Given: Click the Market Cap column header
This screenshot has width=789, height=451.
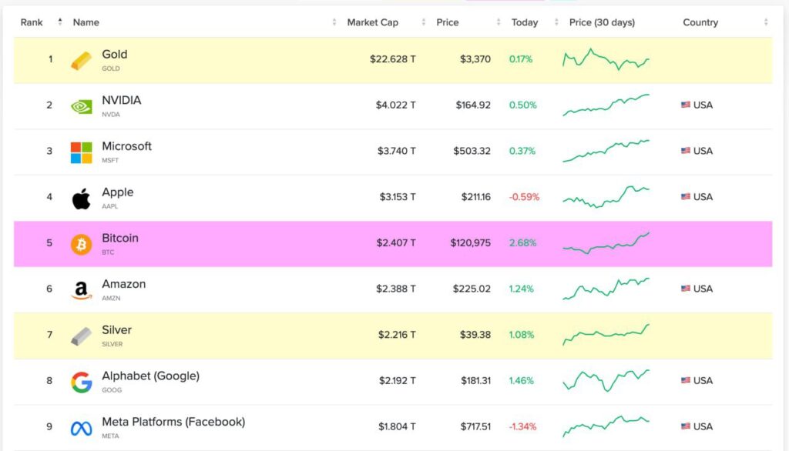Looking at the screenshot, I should (x=373, y=22).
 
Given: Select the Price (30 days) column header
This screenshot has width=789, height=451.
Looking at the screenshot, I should (x=602, y=22).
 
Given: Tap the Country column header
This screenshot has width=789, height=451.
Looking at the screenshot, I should (x=700, y=22).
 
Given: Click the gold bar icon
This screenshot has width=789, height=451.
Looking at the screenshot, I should (x=81, y=61).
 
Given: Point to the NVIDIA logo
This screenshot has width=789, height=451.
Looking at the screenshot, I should (x=81, y=107).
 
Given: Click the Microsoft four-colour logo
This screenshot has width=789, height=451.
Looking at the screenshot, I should (x=81, y=152).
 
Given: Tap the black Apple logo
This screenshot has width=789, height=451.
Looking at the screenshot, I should (x=81, y=199).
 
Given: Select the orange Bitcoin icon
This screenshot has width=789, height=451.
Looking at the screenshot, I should (x=81, y=245).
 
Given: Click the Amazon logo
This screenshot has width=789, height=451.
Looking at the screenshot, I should (x=81, y=291).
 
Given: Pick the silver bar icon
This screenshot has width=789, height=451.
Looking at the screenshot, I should (x=81, y=336).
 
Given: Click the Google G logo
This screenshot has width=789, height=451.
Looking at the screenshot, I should (x=81, y=383).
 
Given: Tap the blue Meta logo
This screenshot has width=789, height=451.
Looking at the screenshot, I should (x=81, y=429).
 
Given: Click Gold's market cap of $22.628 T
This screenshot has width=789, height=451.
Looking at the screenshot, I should (x=392, y=59).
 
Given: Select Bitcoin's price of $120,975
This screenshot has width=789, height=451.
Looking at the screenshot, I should (x=470, y=243).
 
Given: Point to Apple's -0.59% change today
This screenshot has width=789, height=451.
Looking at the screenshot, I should (x=524, y=197).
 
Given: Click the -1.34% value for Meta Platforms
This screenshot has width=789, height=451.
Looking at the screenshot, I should (x=522, y=426).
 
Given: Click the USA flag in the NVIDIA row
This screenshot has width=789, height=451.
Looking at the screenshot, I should (x=686, y=105).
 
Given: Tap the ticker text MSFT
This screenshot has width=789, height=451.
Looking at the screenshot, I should (x=111, y=160).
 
